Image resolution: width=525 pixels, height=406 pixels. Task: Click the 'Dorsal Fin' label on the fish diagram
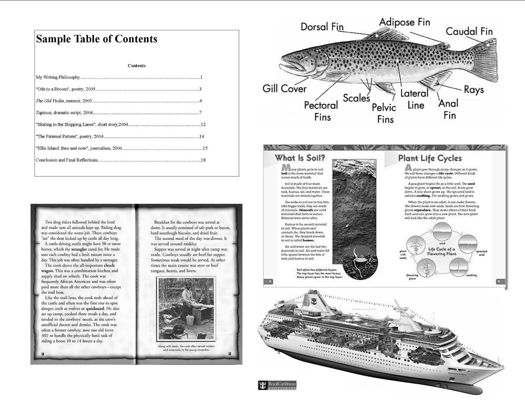click(x=322, y=27)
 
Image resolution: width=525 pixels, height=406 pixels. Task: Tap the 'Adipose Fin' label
click(x=404, y=22)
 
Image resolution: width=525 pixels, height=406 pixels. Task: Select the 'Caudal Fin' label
click(x=469, y=32)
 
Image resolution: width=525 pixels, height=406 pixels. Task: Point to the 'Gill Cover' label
click(x=284, y=89)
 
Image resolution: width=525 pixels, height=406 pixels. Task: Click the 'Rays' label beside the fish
click(x=473, y=90)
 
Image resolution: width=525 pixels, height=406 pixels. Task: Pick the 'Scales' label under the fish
click(x=356, y=98)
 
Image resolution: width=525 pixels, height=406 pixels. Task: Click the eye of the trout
click(x=299, y=56)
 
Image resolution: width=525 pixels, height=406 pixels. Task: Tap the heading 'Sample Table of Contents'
click(x=96, y=39)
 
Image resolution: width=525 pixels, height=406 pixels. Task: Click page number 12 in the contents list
click(x=203, y=124)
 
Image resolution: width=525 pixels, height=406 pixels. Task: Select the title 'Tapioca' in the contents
click(x=43, y=113)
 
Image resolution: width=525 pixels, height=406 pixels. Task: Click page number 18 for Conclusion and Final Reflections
click(x=203, y=160)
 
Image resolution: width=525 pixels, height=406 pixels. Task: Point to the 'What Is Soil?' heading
click(x=300, y=158)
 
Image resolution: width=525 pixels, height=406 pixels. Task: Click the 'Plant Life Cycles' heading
click(x=430, y=158)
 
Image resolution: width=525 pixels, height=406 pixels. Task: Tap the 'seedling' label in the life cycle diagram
click(x=471, y=275)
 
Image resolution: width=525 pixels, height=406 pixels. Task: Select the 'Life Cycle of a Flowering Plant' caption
click(x=442, y=251)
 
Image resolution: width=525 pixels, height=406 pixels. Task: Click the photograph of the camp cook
click(x=186, y=308)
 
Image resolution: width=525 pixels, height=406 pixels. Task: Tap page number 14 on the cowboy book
click(x=43, y=353)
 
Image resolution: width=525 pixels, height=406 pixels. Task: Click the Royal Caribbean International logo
click(x=277, y=385)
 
